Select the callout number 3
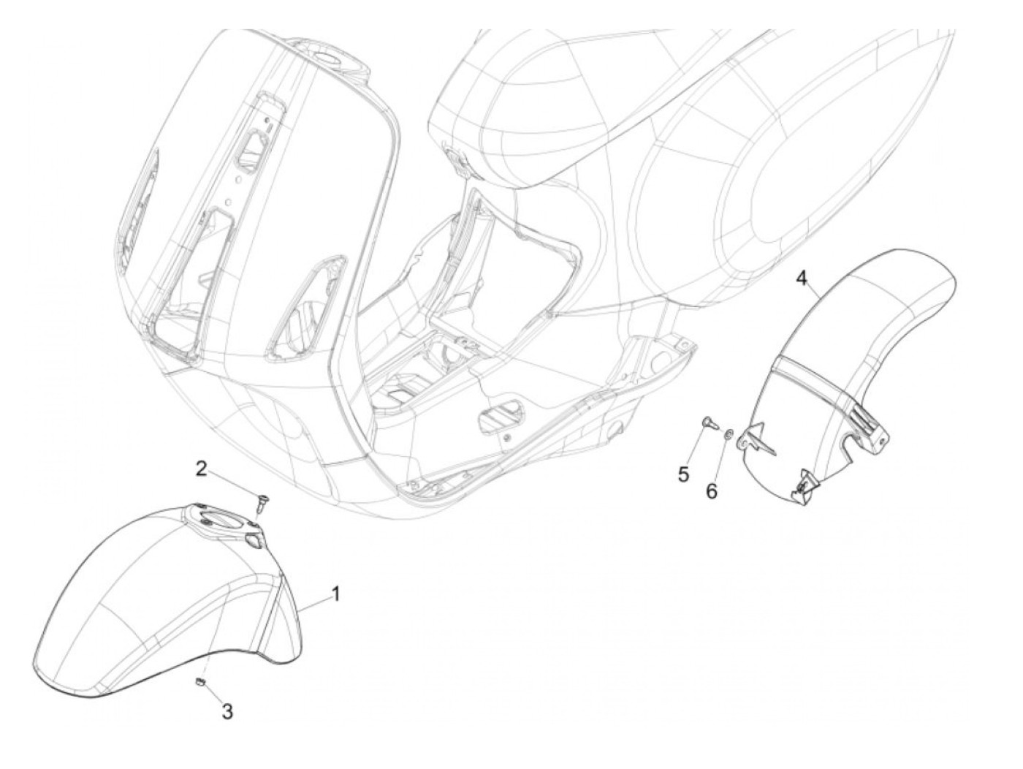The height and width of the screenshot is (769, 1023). coord(227,711)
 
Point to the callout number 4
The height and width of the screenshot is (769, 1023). coord(802,279)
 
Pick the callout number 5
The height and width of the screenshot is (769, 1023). coord(683,474)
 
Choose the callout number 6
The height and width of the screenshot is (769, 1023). coord(712,490)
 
